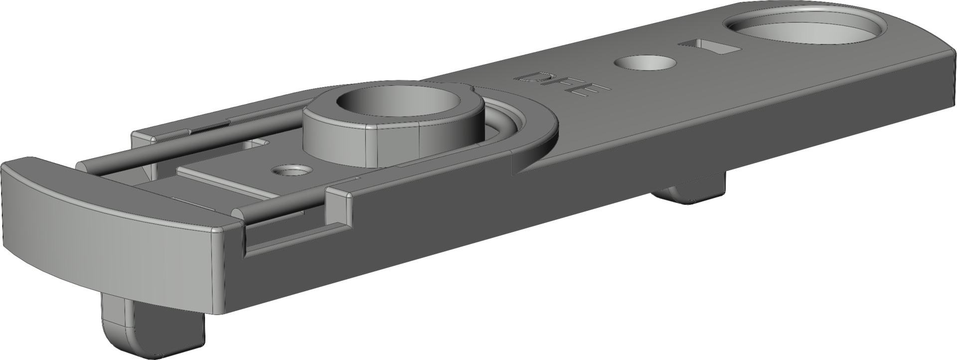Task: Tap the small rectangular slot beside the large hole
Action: [x=710, y=47]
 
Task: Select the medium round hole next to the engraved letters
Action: [x=645, y=63]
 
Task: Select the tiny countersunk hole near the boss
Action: [x=291, y=171]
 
